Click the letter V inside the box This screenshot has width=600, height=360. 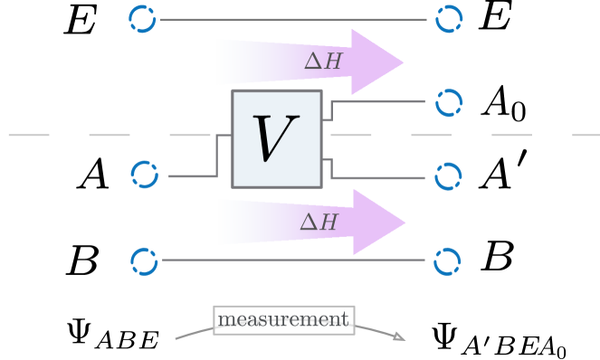[x=277, y=138]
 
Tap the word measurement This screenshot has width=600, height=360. [x=283, y=319]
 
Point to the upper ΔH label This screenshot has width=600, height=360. [x=322, y=61]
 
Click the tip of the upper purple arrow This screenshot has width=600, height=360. [x=403, y=62]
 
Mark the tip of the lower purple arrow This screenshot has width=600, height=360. [x=405, y=222]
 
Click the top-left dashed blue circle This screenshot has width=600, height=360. [x=143, y=18]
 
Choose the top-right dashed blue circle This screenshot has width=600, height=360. [x=449, y=18]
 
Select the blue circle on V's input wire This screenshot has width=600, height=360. [x=145, y=175]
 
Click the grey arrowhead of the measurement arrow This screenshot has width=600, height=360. [x=399, y=337]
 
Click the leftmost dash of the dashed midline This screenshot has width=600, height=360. [x=28, y=135]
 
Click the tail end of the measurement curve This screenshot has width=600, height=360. [x=176, y=338]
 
